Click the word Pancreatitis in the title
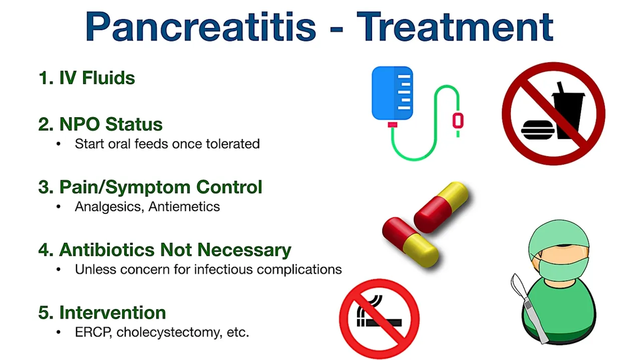[200, 26]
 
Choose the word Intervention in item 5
[112, 312]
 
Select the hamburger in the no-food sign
[537, 130]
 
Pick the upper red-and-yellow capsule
[441, 206]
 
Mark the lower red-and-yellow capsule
[411, 242]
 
